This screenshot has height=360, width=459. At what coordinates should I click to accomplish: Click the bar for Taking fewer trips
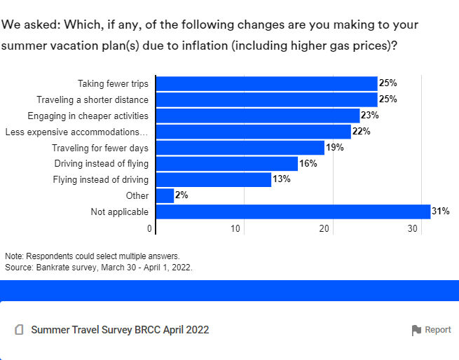(x=266, y=83)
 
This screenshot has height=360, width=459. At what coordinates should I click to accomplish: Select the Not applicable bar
(x=292, y=212)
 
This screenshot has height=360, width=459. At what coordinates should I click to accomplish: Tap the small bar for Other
(x=165, y=195)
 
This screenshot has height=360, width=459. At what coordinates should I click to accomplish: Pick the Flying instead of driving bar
(x=213, y=179)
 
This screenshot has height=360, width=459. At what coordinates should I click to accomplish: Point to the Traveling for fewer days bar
(x=240, y=148)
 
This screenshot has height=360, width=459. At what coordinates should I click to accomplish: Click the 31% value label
(x=440, y=212)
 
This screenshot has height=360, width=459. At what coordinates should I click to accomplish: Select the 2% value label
(x=182, y=195)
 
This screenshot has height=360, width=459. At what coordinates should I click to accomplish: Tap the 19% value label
(x=335, y=148)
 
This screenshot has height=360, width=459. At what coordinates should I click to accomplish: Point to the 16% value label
(x=308, y=163)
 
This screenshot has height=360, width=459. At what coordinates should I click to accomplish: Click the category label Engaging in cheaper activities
(x=88, y=116)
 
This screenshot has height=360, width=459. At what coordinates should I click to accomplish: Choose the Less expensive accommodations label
(x=76, y=132)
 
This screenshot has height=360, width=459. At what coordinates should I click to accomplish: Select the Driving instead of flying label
(x=101, y=164)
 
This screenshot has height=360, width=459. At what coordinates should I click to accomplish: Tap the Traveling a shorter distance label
(x=93, y=99)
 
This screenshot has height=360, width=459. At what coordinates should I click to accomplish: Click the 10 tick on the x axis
(x=236, y=229)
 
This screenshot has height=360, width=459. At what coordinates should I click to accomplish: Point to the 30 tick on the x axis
(x=414, y=229)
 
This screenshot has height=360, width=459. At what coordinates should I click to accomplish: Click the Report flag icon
(x=416, y=330)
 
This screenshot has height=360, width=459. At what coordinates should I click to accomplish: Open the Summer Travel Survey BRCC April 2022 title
(x=120, y=330)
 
